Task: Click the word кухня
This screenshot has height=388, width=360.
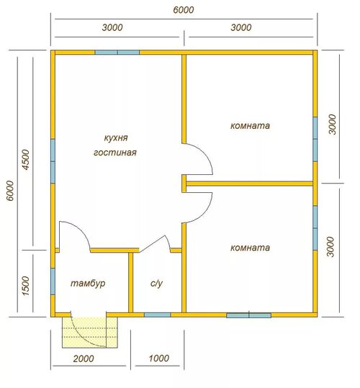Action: coord(116,137)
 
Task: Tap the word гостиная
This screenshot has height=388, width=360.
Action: coord(115,153)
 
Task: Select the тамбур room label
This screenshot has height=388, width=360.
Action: coord(88,284)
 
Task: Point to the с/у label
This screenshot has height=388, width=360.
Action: coord(156,284)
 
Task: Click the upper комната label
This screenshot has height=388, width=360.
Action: coord(250,126)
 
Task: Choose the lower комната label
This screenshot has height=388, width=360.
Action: coord(250,248)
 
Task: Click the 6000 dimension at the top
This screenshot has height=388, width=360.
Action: coord(184,10)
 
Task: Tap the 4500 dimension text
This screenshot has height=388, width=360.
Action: coord(25,159)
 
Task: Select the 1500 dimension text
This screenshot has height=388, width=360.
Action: coord(25,286)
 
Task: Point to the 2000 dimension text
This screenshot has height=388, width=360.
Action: coord(84,358)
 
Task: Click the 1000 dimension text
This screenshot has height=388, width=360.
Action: coord(159,358)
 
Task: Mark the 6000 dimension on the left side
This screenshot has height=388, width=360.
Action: coord(10,191)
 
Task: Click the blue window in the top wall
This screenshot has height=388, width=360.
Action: coord(117,53)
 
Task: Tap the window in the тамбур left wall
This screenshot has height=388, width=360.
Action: coord(53,281)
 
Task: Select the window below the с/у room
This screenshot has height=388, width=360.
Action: coord(158,315)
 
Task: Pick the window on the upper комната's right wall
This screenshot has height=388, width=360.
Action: coord(315,139)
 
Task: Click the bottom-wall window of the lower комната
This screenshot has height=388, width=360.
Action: coord(249,315)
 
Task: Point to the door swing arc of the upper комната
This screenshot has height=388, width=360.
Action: coord(205,154)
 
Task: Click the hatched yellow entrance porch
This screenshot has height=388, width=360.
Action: coord(89,333)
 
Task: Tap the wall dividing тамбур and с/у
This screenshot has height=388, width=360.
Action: coord(130,283)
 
